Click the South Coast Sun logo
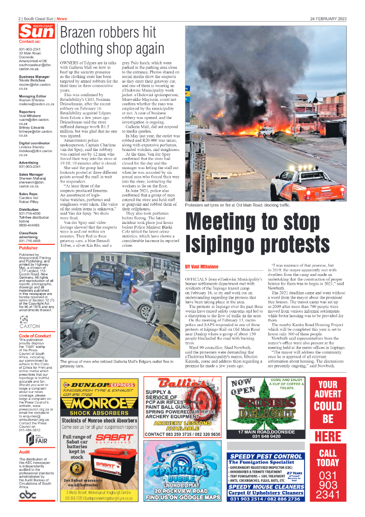click(36, 32)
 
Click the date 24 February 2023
click(328, 19)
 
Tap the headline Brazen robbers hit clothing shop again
click(112, 40)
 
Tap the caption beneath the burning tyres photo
click(238, 204)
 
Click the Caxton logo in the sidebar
click(29, 322)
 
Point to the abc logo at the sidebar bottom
click(28, 496)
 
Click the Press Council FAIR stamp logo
click(34, 438)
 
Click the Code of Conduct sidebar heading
click(35, 335)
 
